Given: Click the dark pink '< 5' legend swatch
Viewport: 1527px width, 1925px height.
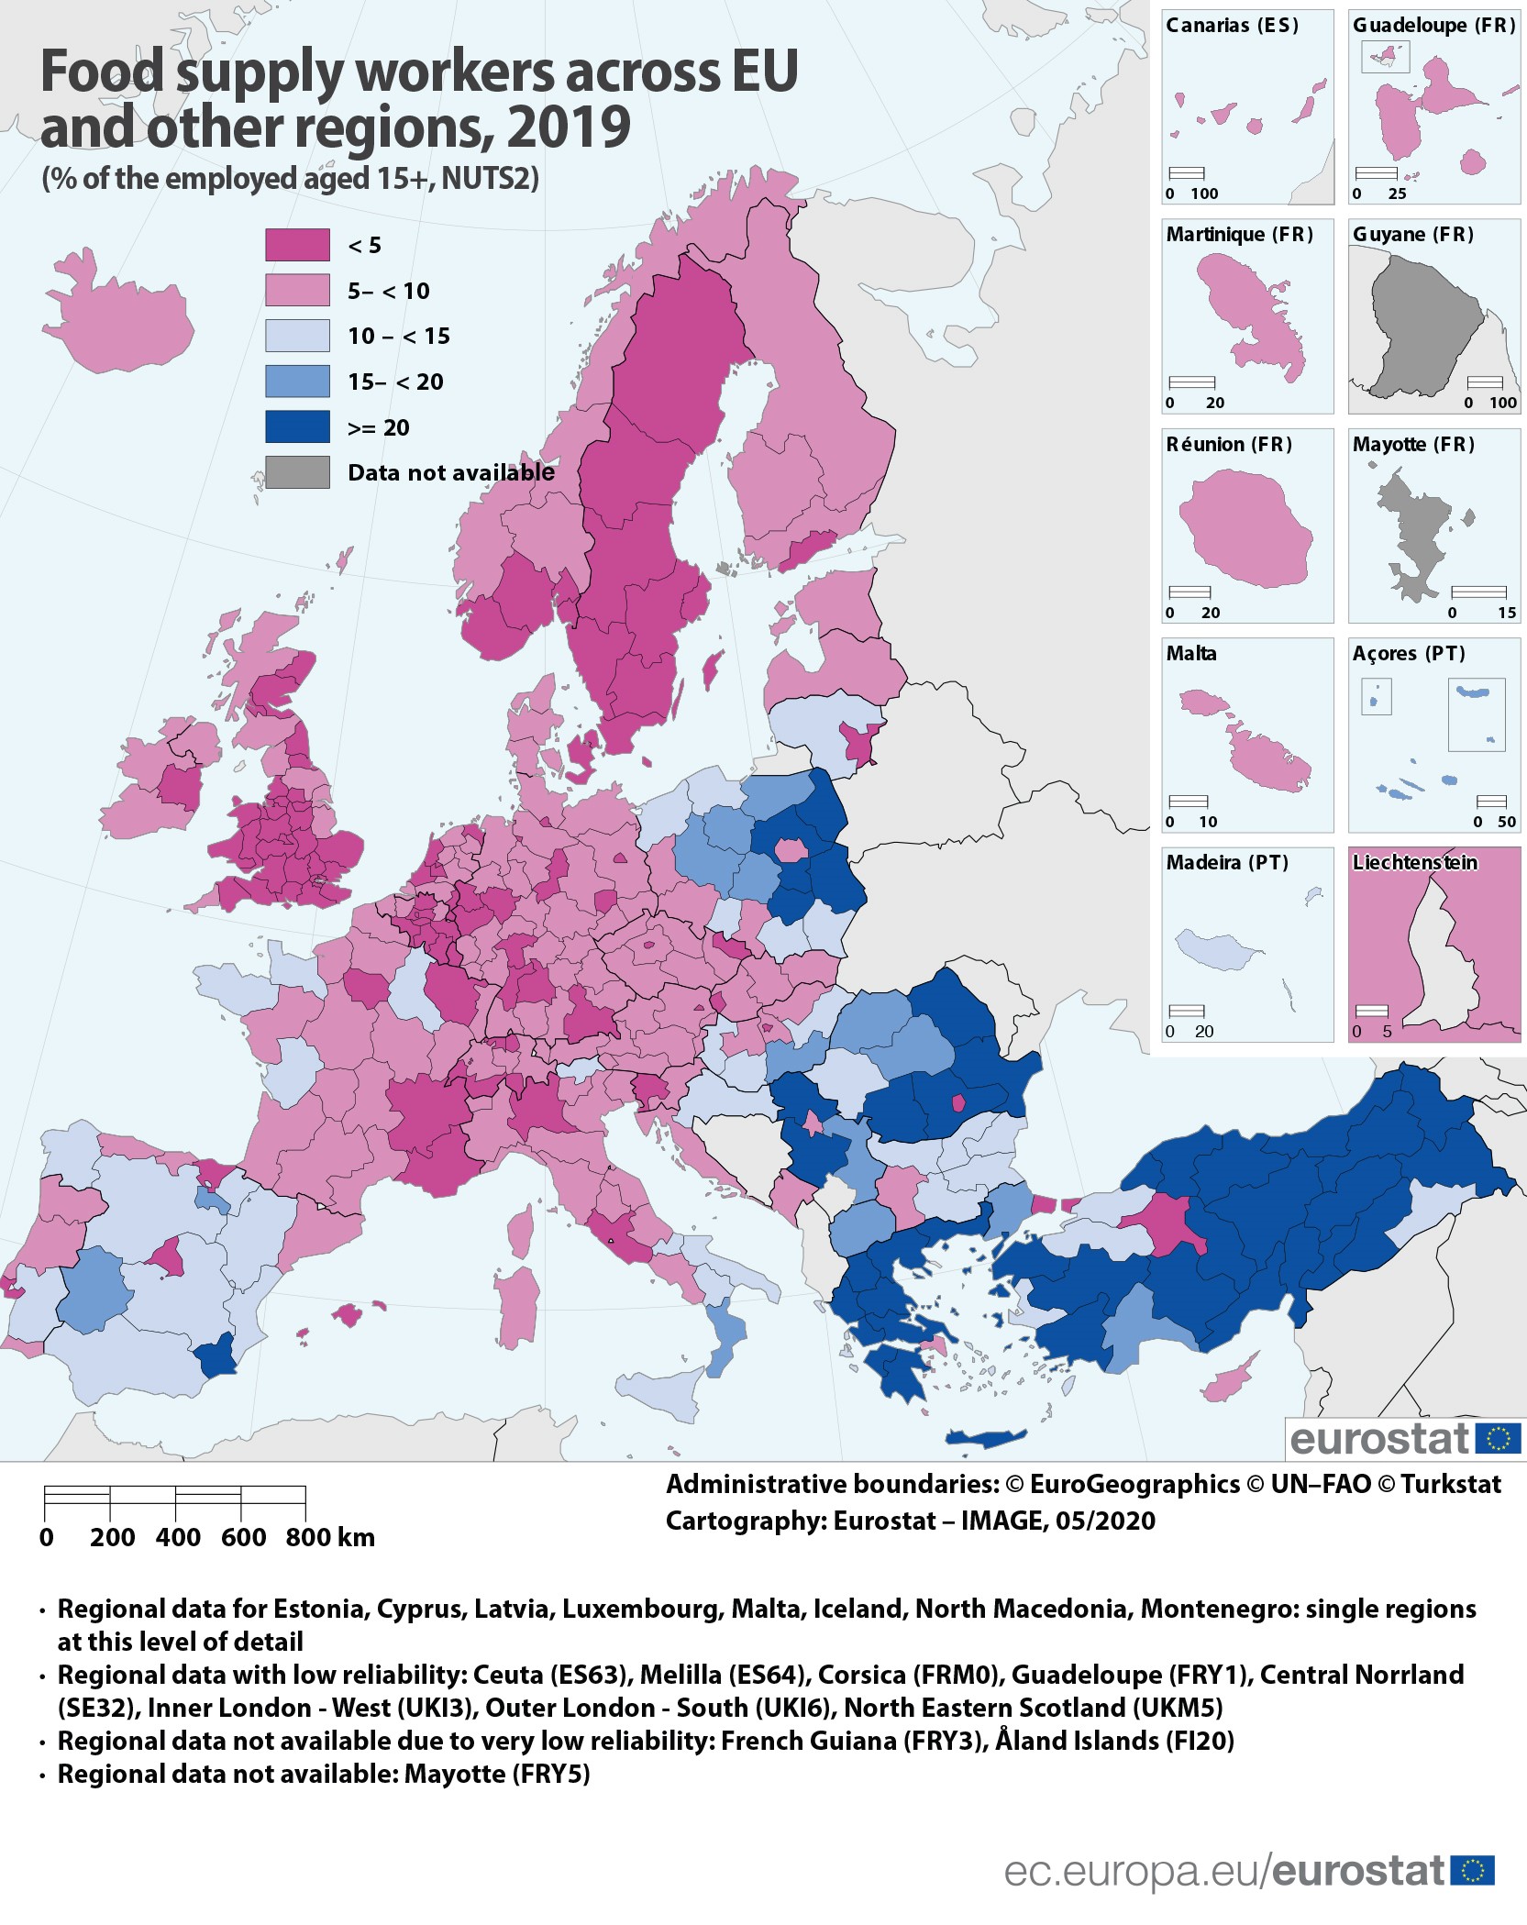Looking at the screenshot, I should (297, 245).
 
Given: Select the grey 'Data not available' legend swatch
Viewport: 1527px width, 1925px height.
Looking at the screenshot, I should (297, 472).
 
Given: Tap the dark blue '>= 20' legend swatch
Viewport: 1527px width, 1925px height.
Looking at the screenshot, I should (297, 427).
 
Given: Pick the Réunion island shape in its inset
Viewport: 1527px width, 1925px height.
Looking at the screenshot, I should (1245, 527).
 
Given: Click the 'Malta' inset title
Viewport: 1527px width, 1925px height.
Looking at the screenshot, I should (1190, 654).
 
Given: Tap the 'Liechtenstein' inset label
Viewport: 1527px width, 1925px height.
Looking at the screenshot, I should (1414, 863).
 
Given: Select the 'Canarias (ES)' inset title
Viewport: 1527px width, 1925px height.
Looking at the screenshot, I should (1232, 26).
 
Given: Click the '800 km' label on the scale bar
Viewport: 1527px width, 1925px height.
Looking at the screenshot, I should (330, 1538).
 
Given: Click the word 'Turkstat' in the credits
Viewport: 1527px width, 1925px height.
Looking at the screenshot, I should (1451, 1484).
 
